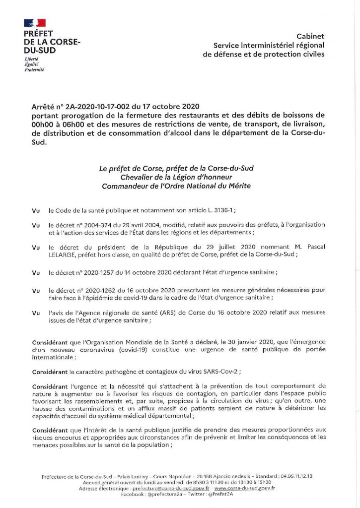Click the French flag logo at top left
[34, 22]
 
